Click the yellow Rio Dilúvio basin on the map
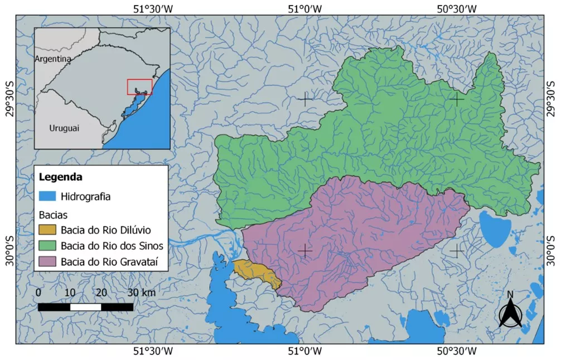coord(256,272)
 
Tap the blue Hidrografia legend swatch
coord(47,196)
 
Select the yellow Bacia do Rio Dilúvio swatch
coord(47,230)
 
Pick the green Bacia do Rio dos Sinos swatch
coord(47,245)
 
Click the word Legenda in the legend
coord(61,178)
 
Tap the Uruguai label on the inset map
coord(64,128)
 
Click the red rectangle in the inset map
coord(139,87)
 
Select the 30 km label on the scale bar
coord(142,293)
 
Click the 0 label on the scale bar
coord(38,293)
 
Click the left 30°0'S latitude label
coord(9,251)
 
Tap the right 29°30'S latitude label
coord(552,99)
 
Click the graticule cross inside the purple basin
coord(304,251)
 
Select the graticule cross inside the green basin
coord(457,99)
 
